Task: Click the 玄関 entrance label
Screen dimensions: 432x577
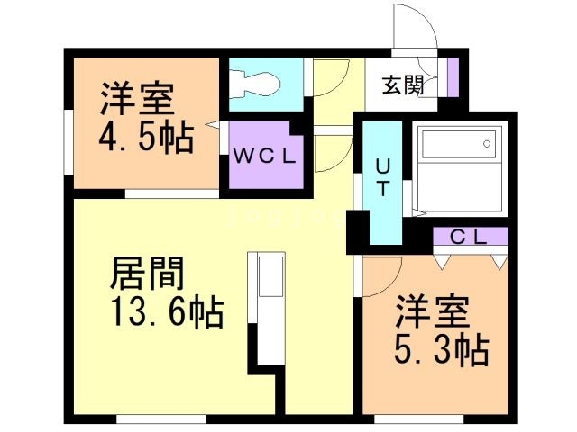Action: point(402,87)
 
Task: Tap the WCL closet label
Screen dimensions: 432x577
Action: point(263,156)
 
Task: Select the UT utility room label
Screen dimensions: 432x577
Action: point(382,177)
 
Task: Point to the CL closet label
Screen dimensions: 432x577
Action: point(469,238)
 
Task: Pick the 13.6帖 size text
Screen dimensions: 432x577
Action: point(167,313)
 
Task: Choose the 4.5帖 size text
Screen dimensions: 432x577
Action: point(145,138)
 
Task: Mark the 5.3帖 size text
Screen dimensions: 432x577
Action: point(441,348)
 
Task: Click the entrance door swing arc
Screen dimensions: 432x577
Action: point(416,27)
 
